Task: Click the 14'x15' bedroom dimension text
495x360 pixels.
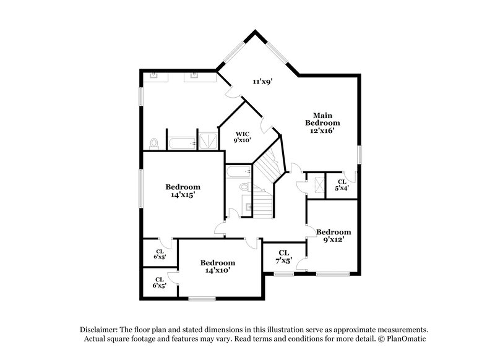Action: coord(183,195)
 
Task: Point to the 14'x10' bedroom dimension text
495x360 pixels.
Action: coord(217,271)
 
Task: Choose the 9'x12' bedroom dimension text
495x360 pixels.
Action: coord(334,240)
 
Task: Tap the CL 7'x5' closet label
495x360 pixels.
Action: coord(283,257)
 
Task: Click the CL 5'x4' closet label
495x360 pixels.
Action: coord(342,184)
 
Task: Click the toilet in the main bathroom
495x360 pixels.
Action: coord(153,144)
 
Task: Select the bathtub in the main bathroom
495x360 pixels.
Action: coord(181,143)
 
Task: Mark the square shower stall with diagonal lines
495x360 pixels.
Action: coord(207,140)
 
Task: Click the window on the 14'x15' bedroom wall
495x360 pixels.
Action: coord(140,188)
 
